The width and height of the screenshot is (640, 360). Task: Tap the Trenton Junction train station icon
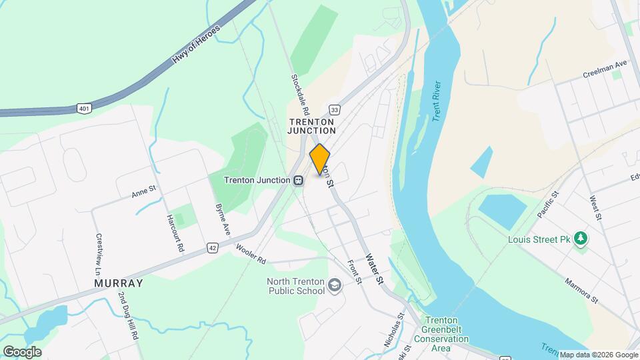299,180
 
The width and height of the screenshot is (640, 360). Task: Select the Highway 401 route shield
83,107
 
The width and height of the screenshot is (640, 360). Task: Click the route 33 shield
335,109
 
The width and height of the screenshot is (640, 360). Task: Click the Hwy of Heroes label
197,45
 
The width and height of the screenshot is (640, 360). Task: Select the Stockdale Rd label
297,93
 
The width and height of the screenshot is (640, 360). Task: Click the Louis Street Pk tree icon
581,239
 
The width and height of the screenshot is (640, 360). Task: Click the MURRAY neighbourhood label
119,283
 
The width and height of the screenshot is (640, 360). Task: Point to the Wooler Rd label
251,254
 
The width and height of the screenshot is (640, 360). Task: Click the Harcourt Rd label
175,233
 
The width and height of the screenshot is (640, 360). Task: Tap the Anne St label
143,192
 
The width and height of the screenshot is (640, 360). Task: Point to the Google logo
23,351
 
